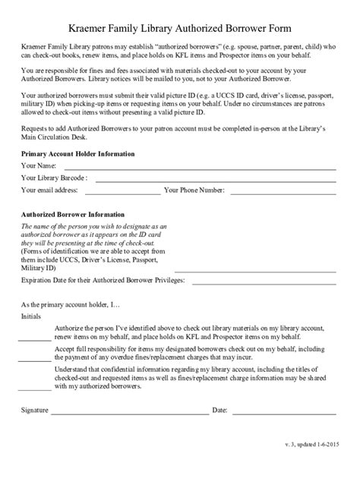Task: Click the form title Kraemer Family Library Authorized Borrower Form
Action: (x=180, y=27)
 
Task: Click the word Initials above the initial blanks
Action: (x=31, y=316)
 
